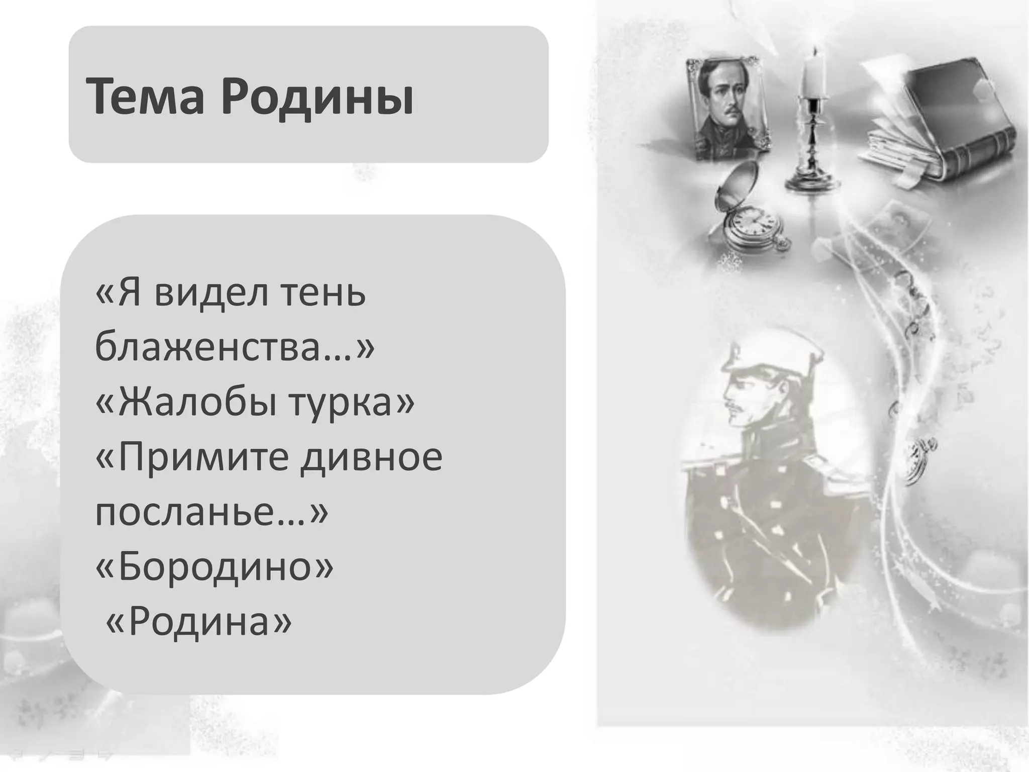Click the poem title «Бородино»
(x=214, y=566)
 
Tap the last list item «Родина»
(x=198, y=621)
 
